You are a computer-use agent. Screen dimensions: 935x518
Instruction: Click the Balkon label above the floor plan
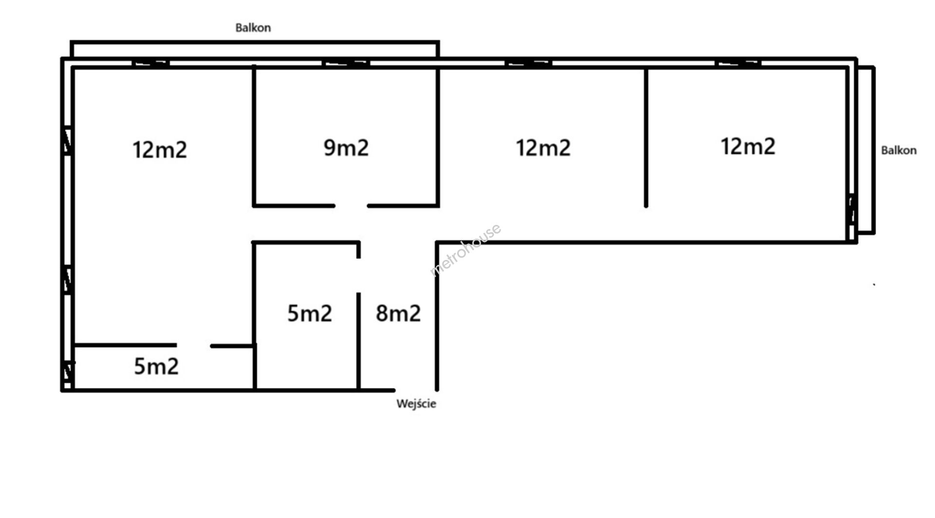point(253,28)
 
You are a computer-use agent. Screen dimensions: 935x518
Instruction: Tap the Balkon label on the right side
point(898,150)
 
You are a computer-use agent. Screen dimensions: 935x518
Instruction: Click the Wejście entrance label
point(416,404)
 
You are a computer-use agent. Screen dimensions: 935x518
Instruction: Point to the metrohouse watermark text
point(466,250)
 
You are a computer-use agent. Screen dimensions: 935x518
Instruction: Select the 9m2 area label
point(346,148)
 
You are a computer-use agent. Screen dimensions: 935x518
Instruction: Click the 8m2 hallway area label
point(398,313)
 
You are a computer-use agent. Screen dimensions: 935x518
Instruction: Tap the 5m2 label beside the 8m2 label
point(310,313)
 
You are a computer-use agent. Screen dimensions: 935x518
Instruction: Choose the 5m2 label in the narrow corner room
point(156,366)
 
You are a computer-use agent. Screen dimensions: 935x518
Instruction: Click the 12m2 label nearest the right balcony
point(748,146)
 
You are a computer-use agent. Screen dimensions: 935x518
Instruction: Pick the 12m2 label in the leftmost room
point(160,149)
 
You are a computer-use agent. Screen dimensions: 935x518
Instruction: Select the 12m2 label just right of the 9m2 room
point(543,148)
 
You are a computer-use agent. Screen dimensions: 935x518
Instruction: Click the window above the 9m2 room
point(346,63)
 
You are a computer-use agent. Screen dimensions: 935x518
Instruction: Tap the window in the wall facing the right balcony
point(852,209)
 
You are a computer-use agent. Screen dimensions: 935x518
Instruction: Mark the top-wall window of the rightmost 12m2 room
point(738,63)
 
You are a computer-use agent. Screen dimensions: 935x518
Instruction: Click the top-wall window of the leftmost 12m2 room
point(150,63)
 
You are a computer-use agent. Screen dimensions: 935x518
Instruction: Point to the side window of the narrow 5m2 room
point(68,372)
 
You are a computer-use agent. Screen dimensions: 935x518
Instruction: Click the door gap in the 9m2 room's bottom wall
point(351,206)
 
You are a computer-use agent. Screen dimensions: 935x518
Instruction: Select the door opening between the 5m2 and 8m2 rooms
point(359,275)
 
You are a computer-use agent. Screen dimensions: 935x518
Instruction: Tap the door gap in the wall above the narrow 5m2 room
point(193,346)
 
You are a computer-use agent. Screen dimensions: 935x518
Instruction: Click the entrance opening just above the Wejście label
point(415,390)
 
